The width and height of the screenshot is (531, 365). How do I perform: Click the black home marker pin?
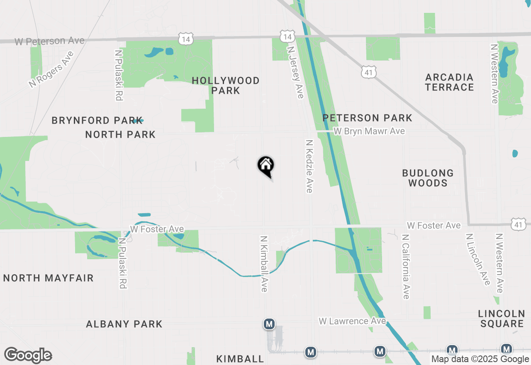click(x=266, y=166)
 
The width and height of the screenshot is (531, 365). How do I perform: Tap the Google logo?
click(x=28, y=355)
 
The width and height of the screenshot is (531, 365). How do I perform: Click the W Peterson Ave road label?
click(x=50, y=41)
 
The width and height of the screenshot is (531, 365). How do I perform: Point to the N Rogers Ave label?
click(x=51, y=69)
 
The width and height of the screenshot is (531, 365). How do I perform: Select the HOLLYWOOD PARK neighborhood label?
click(x=226, y=85)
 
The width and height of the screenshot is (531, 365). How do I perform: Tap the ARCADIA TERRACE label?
click(x=449, y=82)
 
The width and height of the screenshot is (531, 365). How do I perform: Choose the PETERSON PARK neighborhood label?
click(x=368, y=118)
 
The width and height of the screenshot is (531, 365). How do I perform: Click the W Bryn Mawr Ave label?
click(x=369, y=131)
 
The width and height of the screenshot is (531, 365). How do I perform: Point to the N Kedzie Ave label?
click(x=309, y=166)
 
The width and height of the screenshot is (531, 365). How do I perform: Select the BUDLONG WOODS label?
click(x=428, y=178)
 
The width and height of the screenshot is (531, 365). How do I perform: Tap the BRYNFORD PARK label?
click(x=97, y=121)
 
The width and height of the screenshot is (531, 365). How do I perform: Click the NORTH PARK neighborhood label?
click(x=120, y=134)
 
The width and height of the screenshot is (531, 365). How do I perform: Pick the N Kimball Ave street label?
click(x=263, y=264)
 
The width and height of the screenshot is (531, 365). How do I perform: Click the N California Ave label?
click(x=405, y=267)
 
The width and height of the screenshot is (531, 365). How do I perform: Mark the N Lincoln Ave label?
click(x=478, y=259)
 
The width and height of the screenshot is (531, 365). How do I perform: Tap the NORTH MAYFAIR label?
click(x=49, y=278)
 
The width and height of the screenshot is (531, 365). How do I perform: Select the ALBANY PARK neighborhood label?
click(x=124, y=324)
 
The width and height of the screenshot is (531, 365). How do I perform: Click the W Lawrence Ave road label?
click(x=352, y=321)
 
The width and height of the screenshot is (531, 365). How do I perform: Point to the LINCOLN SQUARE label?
click(x=501, y=319)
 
